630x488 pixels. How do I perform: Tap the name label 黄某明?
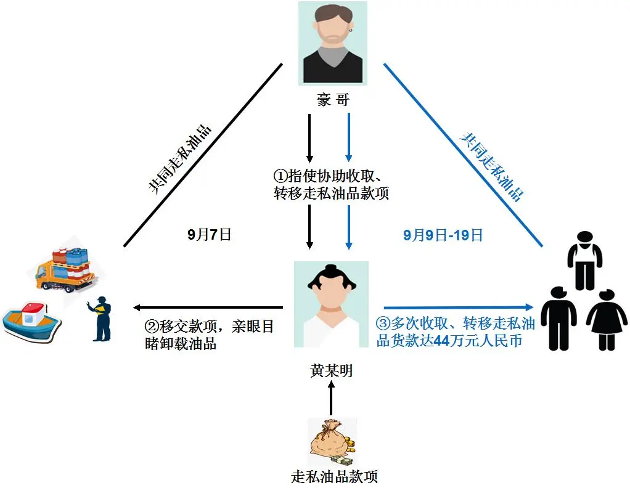coord(332,372)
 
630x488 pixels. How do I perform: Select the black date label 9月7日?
coord(210,234)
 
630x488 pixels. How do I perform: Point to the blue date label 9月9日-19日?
coord(443,234)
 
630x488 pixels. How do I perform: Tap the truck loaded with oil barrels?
coord(65,267)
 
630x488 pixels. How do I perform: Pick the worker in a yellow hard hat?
coord(102,318)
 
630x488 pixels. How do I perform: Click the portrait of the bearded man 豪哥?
coord(333,43)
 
